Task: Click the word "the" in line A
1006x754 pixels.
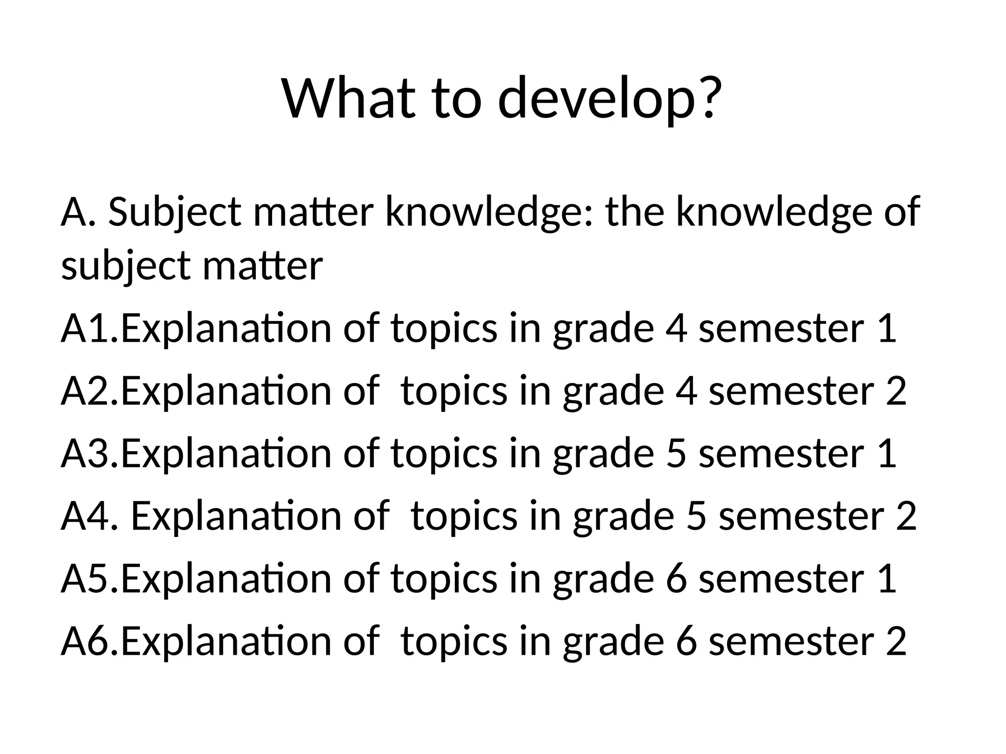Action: (x=635, y=212)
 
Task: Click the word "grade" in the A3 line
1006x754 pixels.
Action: (x=603, y=454)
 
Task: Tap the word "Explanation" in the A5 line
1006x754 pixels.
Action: (x=226, y=579)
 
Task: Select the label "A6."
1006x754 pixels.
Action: (x=90, y=641)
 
